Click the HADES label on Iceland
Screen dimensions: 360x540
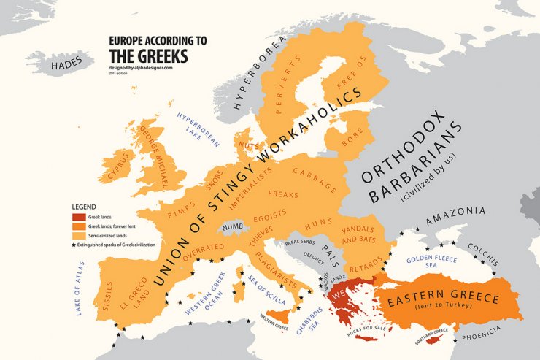tap(68, 66)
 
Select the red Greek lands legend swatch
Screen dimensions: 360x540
tap(78, 216)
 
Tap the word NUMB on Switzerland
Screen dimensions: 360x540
tap(232, 228)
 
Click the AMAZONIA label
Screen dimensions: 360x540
tap(455, 211)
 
